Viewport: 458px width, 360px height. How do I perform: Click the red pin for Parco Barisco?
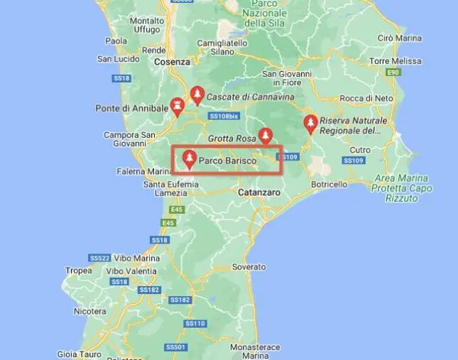(190, 158)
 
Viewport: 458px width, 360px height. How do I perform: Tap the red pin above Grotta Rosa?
(265, 134)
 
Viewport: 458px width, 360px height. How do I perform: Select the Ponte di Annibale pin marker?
(178, 106)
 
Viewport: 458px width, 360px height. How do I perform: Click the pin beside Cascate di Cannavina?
(197, 94)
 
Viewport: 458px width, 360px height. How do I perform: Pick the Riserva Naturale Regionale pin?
(310, 124)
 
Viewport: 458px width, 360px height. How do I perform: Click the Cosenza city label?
(173, 62)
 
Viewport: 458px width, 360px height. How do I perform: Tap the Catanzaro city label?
(261, 192)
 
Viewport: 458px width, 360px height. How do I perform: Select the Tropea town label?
(78, 271)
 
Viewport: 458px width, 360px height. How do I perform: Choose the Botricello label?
(329, 184)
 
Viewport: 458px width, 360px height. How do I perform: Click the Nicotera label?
(90, 311)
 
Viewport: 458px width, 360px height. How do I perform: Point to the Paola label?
(116, 41)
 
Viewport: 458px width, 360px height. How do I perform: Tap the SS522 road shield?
(99, 257)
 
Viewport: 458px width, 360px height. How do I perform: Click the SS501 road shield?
(175, 347)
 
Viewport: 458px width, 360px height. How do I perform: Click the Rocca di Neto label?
(367, 97)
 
